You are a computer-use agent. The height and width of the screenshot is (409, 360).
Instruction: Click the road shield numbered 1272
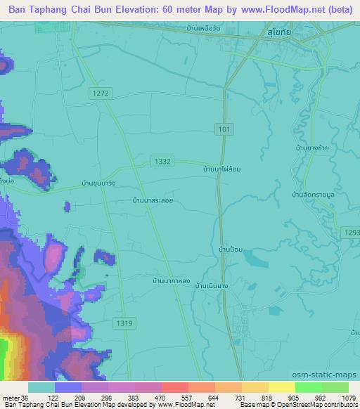coord(101,93)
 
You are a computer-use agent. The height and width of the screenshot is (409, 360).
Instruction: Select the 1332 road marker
coord(161,162)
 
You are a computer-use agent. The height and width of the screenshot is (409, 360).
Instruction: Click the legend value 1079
coord(348,398)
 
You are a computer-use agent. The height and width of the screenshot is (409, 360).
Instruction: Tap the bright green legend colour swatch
coord(308,387)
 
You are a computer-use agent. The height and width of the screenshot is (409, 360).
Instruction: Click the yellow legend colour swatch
coord(281,387)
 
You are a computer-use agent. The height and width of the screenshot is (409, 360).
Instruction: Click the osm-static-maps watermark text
coord(330,374)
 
